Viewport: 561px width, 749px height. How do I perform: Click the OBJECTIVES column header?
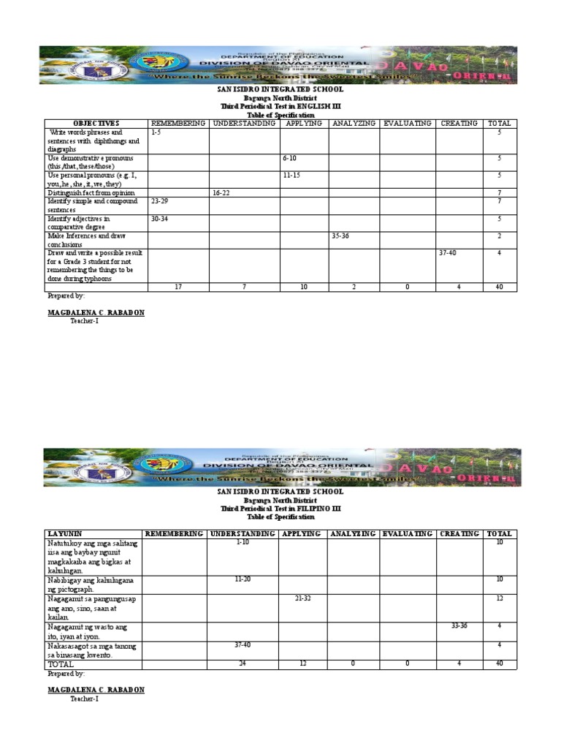pos(96,123)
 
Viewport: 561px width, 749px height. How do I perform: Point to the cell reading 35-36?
pos(341,236)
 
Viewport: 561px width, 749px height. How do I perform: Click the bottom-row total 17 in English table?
pos(178,287)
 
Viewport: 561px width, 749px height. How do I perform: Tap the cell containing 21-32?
pos(303,598)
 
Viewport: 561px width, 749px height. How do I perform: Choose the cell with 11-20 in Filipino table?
pos(243,579)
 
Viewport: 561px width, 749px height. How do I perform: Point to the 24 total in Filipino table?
pos(242,664)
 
